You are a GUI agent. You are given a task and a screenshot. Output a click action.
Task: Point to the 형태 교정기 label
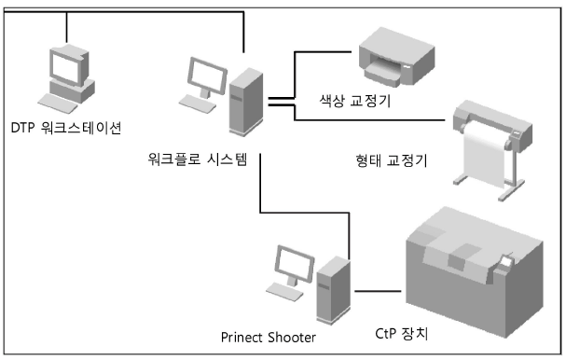click(384, 160)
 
